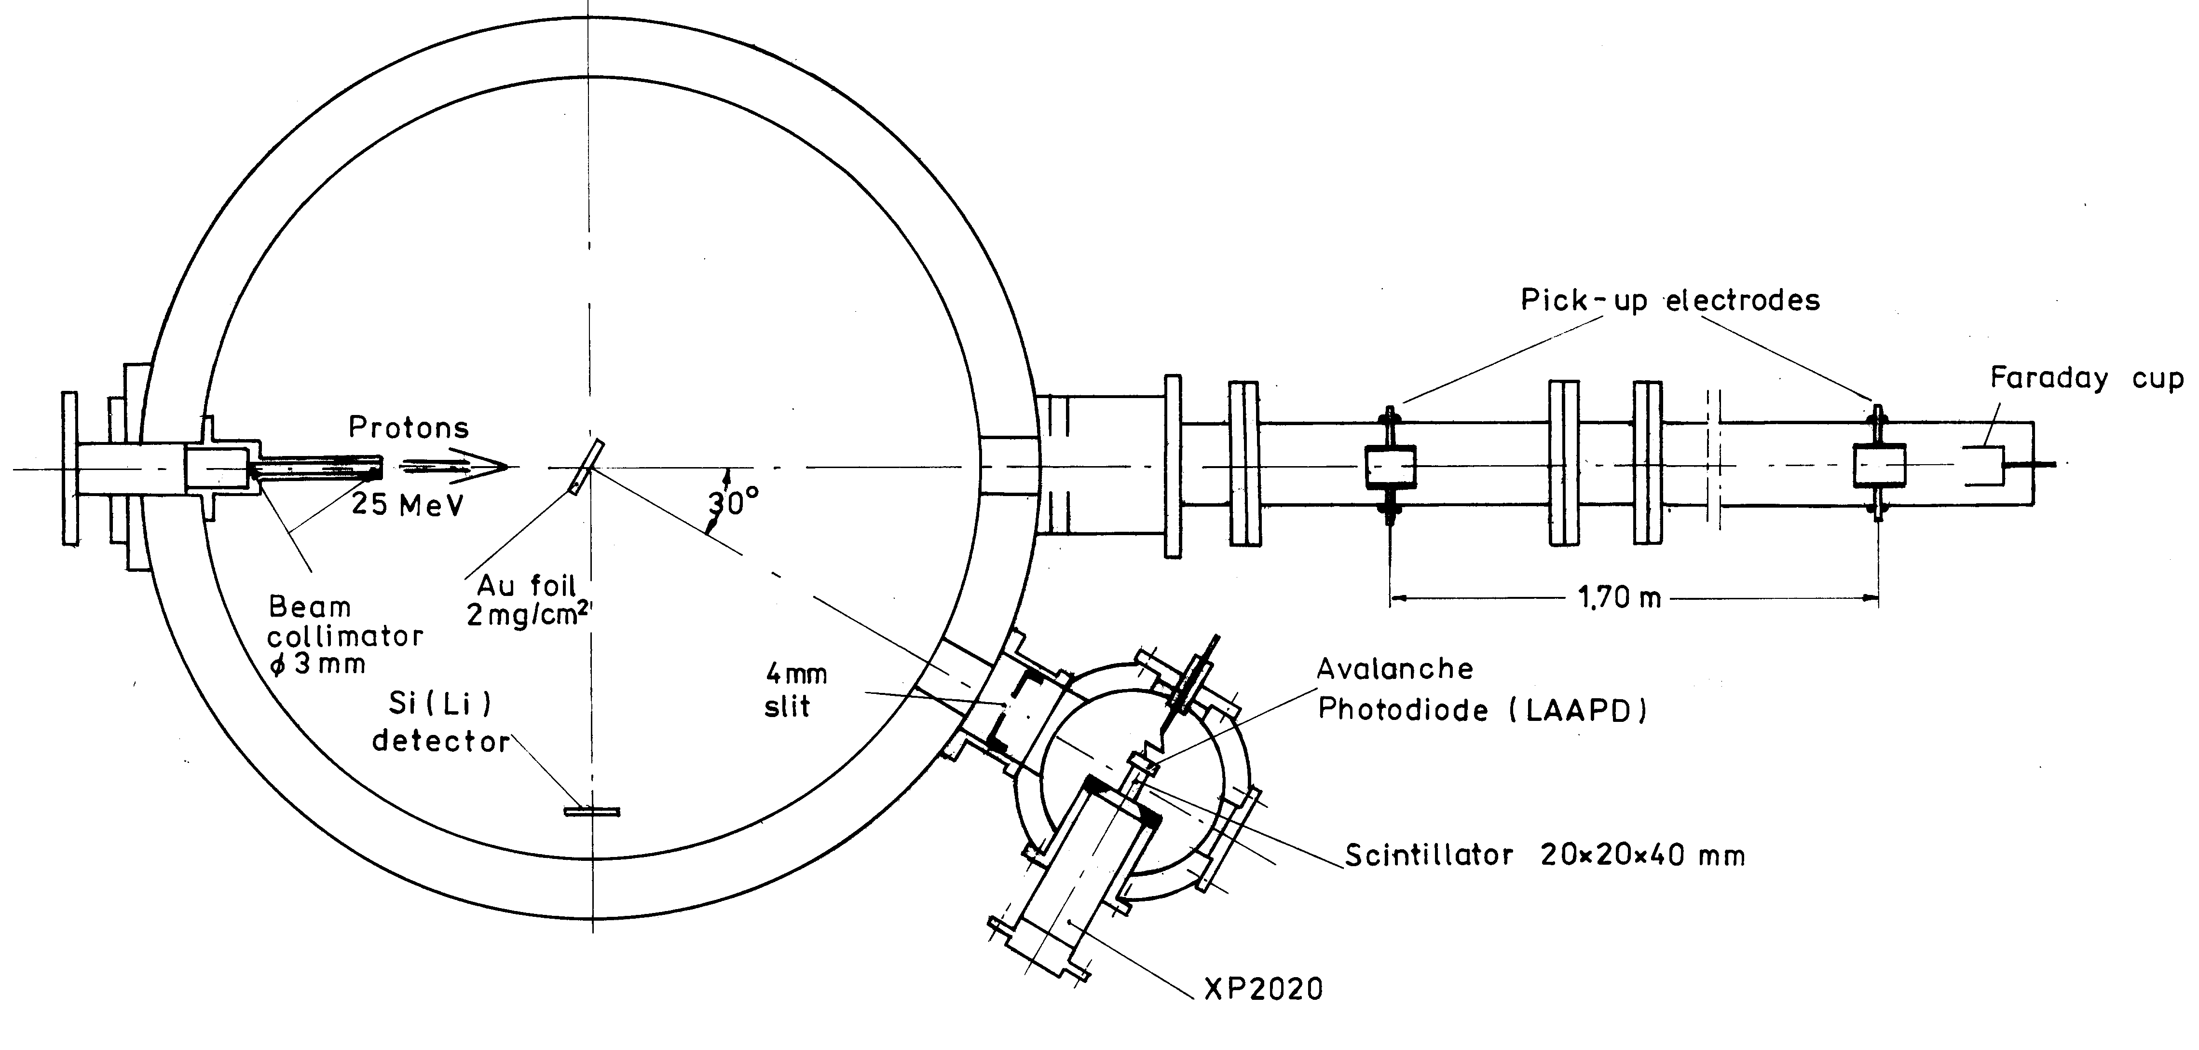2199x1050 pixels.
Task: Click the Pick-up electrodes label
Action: coord(1670,301)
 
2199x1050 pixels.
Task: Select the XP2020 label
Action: coord(1263,989)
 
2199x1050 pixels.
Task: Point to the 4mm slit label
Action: coord(795,690)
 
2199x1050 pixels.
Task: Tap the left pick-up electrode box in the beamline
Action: coord(1391,466)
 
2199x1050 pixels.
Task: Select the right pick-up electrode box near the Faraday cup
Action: coord(1879,466)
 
